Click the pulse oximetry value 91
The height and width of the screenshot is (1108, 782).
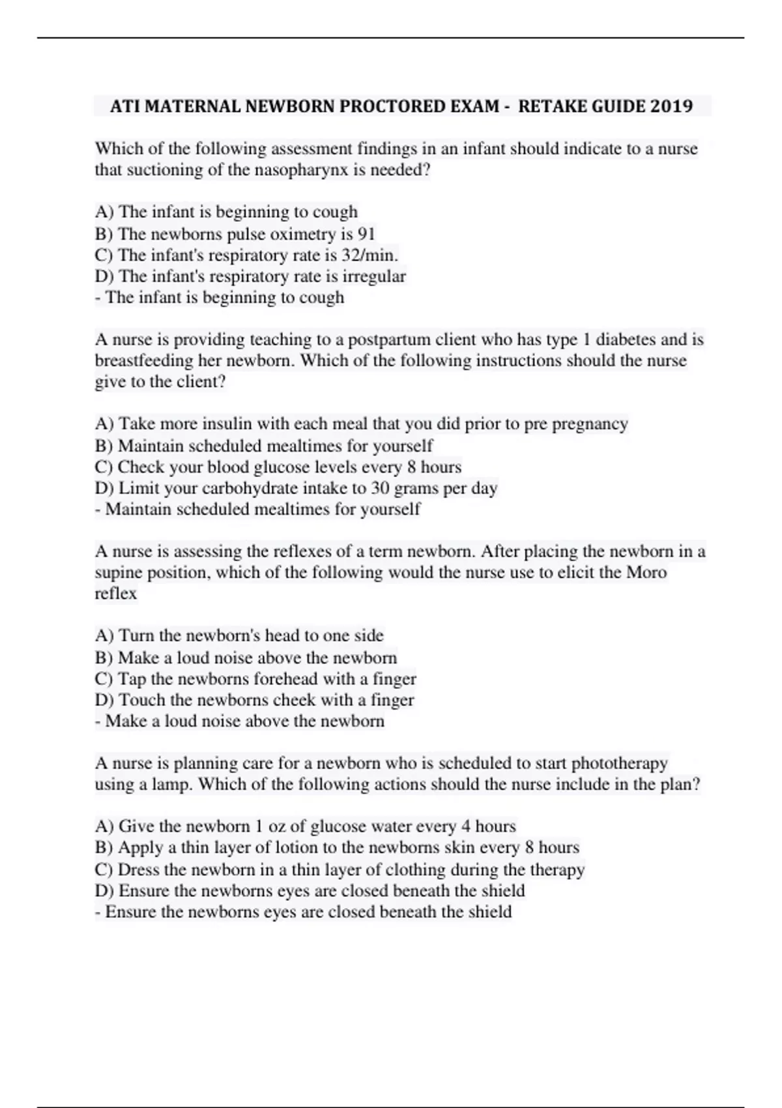point(366,233)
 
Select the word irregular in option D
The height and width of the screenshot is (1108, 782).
point(373,276)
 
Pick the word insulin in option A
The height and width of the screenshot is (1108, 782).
point(220,424)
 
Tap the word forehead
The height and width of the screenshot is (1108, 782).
point(285,679)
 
